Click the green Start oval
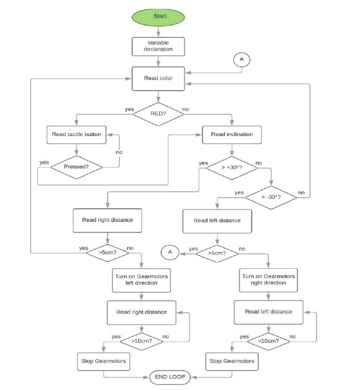tap(159, 17)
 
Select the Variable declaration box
tap(159, 46)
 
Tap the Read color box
tap(159, 79)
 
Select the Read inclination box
tap(232, 134)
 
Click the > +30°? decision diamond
tap(232, 168)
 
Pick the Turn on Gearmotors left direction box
tap(142, 279)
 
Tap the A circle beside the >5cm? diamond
tap(170, 253)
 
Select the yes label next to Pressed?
tap(44, 162)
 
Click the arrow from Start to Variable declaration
tap(159, 31)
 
